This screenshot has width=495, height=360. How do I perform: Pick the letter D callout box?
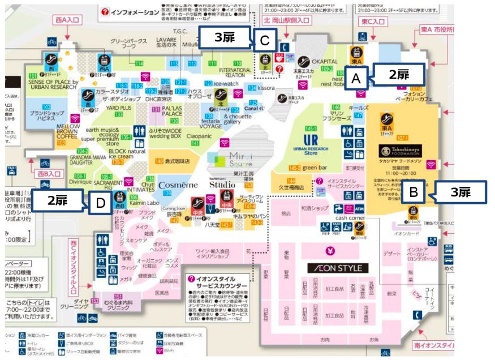100,204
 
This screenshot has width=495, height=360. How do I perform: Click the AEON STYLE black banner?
338,268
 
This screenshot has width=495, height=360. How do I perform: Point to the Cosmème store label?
178,185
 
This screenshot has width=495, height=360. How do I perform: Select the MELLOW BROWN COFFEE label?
67,131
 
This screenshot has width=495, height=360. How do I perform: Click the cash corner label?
348,218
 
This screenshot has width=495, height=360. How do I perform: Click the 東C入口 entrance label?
373,21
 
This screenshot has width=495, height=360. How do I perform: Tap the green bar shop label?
316,168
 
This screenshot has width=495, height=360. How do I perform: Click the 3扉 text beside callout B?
459,192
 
